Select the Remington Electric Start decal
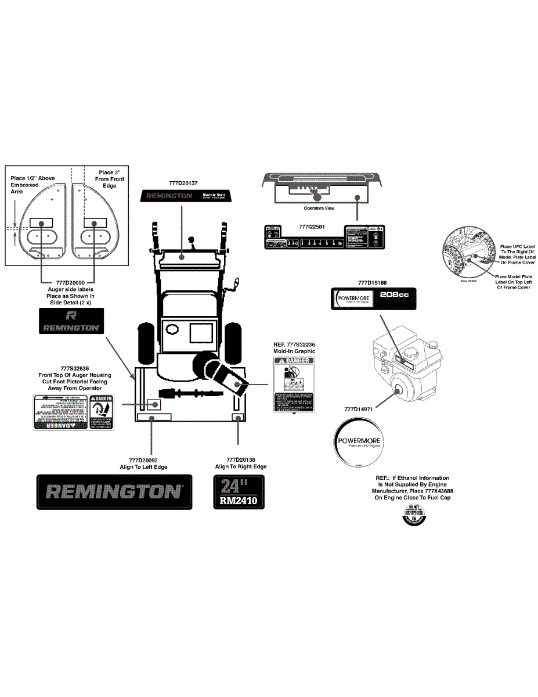click(x=185, y=196)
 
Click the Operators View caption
click(x=319, y=208)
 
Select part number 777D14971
click(x=362, y=409)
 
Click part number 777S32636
click(x=74, y=368)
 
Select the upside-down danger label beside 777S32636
click(x=73, y=411)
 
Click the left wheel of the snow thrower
click(x=145, y=342)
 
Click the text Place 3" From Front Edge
click(x=109, y=179)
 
